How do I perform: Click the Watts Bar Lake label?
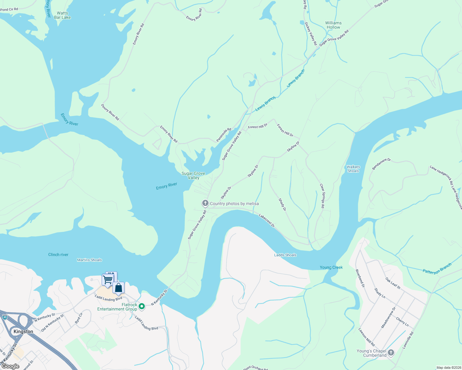(62, 15)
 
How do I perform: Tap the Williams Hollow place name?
(333, 25)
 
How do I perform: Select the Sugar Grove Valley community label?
(193, 175)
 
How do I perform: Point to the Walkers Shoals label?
(353, 169)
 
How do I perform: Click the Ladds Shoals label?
(285, 255)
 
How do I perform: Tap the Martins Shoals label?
(89, 260)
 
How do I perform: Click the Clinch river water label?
(58, 255)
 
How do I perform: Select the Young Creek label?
(331, 267)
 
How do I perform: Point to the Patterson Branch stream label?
(437, 268)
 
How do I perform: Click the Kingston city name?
(23, 331)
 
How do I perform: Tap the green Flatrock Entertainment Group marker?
(142, 306)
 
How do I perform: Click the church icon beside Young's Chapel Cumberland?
(391, 352)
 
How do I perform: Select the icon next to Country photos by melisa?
(205, 203)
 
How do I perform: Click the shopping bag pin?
(118, 288)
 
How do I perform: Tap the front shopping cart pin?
(108, 280)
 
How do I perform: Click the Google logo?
(10, 366)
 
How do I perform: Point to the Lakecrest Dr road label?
(267, 220)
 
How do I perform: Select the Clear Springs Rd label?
(322, 196)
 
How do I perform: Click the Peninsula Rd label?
(224, 135)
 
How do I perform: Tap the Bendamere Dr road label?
(381, 164)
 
